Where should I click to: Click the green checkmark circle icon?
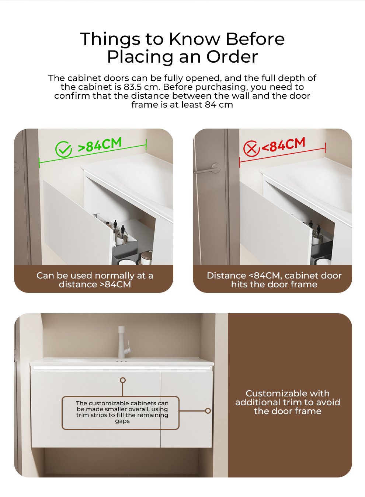(x=63, y=149)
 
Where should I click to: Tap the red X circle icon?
(x=251, y=148)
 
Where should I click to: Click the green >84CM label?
(x=100, y=144)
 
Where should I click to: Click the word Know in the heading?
(x=195, y=39)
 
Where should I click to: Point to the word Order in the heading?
(x=232, y=57)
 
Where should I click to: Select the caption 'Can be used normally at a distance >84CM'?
(x=95, y=280)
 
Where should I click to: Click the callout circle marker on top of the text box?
(x=123, y=381)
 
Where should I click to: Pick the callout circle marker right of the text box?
(x=208, y=411)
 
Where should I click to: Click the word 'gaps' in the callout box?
(x=122, y=421)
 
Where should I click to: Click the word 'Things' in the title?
(x=110, y=39)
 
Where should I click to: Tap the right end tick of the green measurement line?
(x=146, y=144)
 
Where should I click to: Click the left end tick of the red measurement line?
(x=240, y=162)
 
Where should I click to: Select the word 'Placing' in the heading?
(x=140, y=57)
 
